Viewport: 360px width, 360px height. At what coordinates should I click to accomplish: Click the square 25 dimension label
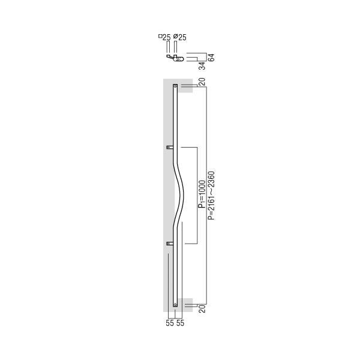click(x=164, y=37)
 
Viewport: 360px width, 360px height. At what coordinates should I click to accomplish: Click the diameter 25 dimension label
click(x=180, y=37)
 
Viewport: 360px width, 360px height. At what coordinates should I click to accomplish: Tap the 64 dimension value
click(x=211, y=58)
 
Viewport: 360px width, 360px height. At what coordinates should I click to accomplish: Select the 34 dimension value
click(x=202, y=66)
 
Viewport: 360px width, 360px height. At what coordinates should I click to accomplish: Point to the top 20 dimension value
click(x=202, y=82)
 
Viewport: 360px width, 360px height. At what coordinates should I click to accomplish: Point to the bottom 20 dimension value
click(x=202, y=309)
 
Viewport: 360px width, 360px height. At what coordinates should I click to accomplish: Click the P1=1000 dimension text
click(x=202, y=194)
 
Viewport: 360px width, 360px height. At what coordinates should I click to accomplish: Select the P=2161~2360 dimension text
click(x=211, y=196)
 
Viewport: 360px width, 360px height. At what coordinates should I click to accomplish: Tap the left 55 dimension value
click(x=170, y=323)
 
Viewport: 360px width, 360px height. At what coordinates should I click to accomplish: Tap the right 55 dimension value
click(x=180, y=323)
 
